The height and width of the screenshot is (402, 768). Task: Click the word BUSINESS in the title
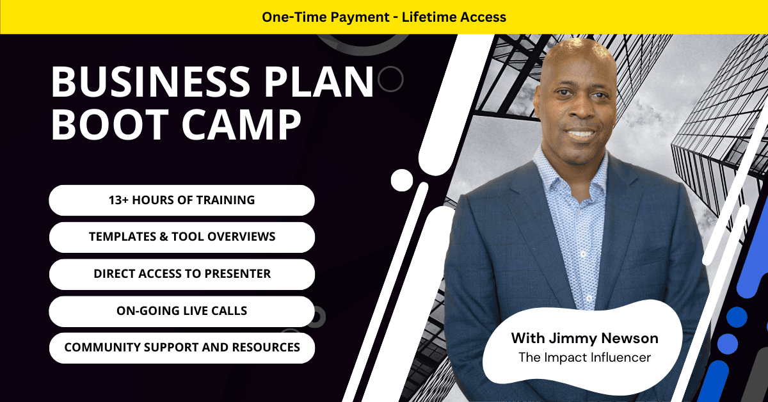pos(151,82)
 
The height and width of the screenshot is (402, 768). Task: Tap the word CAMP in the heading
pos(241,124)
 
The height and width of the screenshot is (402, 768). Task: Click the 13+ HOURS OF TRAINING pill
pos(182,200)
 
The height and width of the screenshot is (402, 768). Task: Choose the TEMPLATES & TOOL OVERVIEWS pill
pos(182,237)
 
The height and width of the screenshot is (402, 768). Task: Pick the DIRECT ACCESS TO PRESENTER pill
pos(182,274)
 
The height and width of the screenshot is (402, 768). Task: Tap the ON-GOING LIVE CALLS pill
pos(182,311)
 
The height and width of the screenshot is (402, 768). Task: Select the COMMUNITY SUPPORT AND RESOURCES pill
pos(182,348)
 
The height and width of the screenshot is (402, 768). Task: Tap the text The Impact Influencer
pos(584,357)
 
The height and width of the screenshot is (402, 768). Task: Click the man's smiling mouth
pos(581,133)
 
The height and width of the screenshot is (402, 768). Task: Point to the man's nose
pos(579,109)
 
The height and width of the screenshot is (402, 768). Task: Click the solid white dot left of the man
pos(402,180)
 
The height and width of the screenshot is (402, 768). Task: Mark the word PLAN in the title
pos(319,82)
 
